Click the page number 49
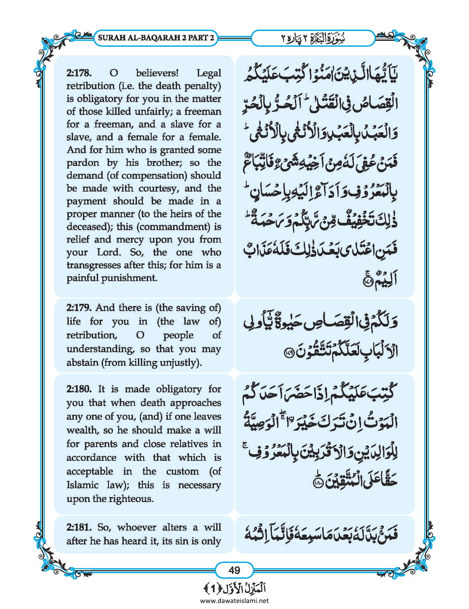[234, 570]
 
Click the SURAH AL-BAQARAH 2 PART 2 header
[156, 38]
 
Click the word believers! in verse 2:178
[157, 73]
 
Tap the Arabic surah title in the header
[313, 38]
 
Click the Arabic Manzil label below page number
[234, 588]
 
